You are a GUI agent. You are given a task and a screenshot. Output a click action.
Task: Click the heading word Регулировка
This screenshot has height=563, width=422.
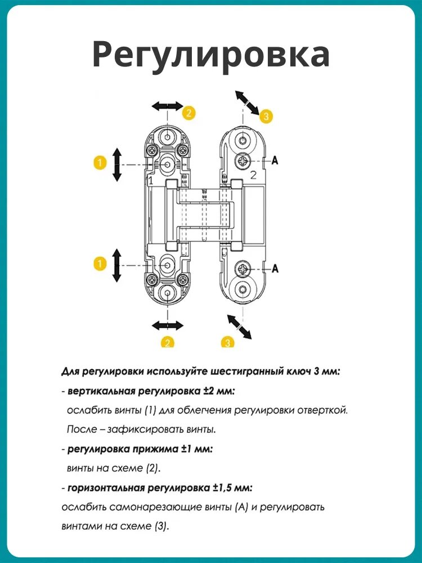(211, 55)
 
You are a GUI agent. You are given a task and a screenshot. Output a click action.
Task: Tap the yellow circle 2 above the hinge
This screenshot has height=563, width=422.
(188, 113)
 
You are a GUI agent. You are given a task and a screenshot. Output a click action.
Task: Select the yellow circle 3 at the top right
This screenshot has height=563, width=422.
(266, 115)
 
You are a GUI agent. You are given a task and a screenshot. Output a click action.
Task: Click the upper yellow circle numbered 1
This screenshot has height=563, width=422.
(100, 163)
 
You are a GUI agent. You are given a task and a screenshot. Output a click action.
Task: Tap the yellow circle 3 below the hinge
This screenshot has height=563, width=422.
(227, 342)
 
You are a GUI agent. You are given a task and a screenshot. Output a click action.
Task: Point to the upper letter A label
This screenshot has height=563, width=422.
(275, 160)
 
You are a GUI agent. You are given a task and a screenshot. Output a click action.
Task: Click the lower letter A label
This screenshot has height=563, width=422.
(275, 268)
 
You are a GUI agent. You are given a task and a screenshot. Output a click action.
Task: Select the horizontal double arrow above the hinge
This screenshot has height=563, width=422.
(167, 106)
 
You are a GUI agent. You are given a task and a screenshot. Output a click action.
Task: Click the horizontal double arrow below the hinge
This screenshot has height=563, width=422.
(167, 325)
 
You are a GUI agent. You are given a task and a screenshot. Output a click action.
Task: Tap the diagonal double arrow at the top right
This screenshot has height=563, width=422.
(247, 102)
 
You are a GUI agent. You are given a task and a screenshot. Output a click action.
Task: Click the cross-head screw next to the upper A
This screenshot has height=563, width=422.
(243, 160)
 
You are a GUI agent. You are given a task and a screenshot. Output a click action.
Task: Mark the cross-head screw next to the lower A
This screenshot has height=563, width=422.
(243, 269)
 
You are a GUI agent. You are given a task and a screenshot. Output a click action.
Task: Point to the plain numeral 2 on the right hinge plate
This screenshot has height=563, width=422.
(254, 176)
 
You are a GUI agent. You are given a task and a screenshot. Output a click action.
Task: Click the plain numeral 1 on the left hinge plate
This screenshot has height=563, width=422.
(151, 181)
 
